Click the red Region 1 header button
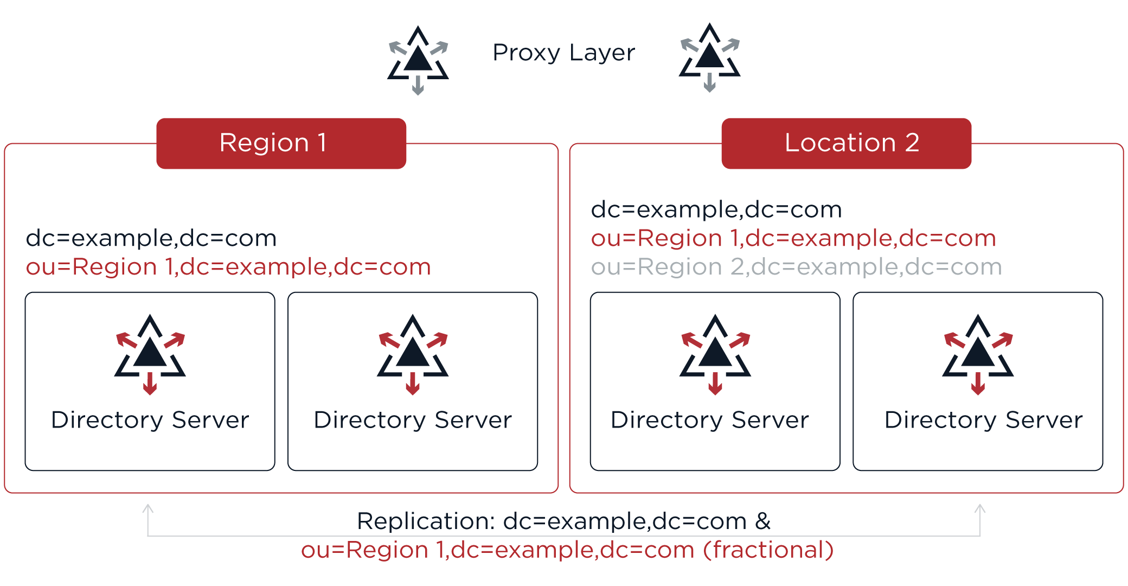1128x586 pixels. point(281,143)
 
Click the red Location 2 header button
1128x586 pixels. point(846,143)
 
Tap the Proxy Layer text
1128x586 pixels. point(563,53)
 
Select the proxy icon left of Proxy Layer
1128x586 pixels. point(418,60)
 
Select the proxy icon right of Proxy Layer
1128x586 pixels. point(709,57)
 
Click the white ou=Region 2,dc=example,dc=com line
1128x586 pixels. point(796,267)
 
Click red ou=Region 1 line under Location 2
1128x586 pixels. point(793,239)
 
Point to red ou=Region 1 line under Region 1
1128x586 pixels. point(228,267)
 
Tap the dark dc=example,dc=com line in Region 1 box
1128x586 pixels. point(151,239)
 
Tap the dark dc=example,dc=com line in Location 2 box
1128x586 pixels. point(716,210)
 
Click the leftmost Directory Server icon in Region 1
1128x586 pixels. point(150,354)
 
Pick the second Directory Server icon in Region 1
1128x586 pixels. point(413,354)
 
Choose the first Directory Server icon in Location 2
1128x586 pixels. point(715,354)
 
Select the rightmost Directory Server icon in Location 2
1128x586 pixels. point(978,354)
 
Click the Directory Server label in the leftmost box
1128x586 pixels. point(150,420)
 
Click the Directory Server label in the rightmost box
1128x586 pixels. point(983,420)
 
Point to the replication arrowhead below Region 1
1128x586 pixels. point(148,509)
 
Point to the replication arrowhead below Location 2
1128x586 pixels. point(980,509)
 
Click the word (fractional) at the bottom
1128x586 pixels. point(768,550)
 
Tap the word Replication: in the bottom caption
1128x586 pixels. point(426,521)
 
